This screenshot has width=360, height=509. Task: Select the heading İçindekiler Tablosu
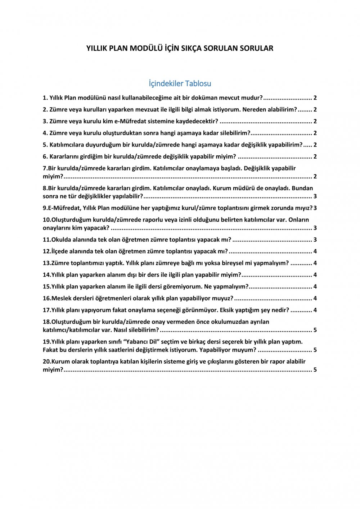coord(180,83)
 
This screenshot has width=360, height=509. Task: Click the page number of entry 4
coord(315,133)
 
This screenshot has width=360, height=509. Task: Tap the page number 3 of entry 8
coord(315,196)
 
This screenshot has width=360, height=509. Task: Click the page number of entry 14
coord(315,275)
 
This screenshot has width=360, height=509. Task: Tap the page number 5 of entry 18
coord(315,330)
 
